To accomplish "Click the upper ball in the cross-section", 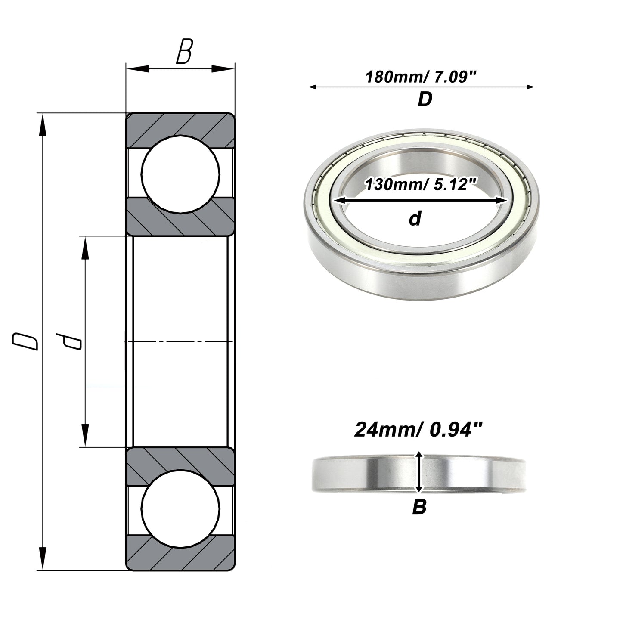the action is tap(180, 174).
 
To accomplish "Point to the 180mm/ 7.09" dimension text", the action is tap(421, 77).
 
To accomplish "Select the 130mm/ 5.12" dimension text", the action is tap(420, 185).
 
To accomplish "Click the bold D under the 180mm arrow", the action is tap(425, 99).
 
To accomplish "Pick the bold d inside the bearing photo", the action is tap(415, 219).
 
